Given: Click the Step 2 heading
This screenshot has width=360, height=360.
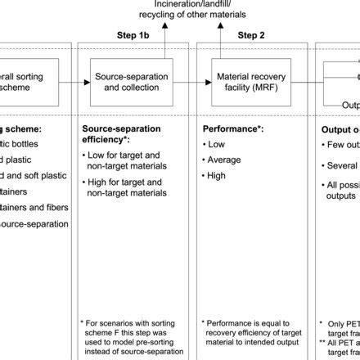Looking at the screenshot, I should tap(251, 36).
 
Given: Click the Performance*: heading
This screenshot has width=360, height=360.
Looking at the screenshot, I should tap(232, 128).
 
